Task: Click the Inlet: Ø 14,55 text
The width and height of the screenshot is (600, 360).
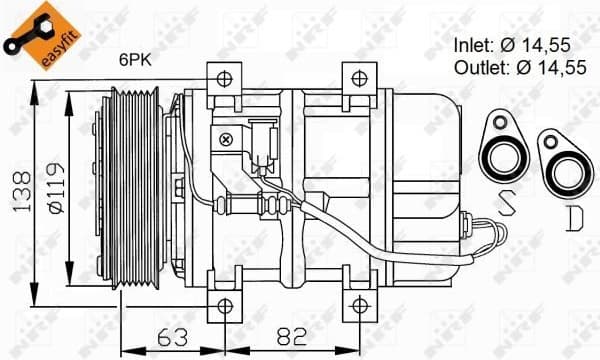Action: tap(511, 44)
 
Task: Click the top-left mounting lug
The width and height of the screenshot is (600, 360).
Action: tap(222, 79)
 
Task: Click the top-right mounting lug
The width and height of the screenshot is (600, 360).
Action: tap(357, 79)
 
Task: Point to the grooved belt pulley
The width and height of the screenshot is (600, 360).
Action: tap(132, 191)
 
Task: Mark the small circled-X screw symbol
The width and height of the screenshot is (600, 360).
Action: tap(226, 140)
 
